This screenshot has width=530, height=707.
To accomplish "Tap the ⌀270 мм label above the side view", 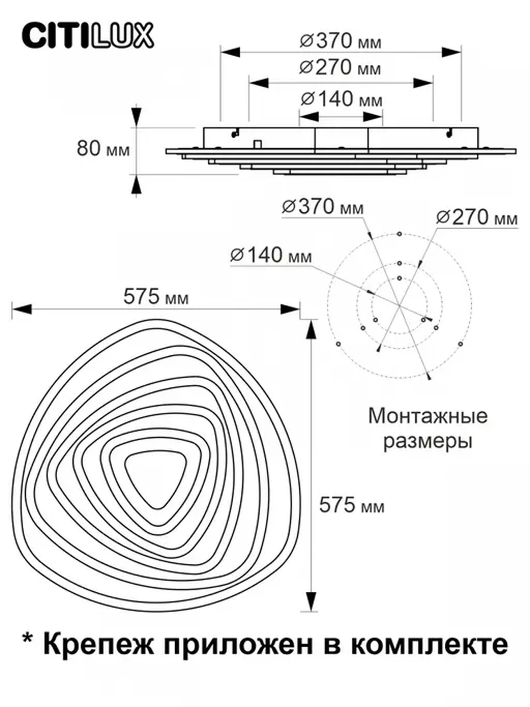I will [340, 67].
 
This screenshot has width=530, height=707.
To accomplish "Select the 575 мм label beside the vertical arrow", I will [352, 505].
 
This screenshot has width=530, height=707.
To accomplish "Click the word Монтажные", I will [428, 416].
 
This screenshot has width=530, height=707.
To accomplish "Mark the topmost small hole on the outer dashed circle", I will [399, 234].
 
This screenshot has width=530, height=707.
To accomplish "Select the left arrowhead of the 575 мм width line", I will [22, 309].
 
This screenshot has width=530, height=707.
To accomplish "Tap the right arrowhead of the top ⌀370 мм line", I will [451, 52].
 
